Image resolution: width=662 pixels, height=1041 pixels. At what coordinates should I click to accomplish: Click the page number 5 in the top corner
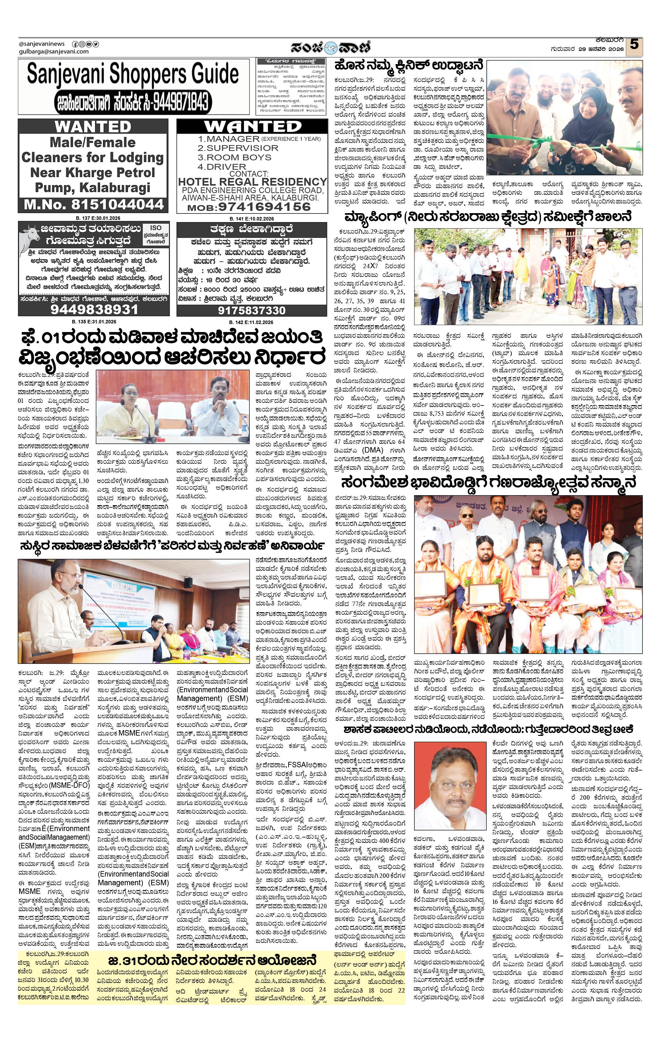[633, 45]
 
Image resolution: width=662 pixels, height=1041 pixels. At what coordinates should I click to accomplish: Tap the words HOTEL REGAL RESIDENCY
[252, 182]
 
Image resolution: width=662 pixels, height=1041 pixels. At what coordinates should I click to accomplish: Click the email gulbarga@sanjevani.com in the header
[53, 52]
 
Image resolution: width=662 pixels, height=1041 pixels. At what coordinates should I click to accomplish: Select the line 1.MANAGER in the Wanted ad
[229, 139]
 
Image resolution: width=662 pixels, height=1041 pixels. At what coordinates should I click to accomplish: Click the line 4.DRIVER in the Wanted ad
[222, 166]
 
